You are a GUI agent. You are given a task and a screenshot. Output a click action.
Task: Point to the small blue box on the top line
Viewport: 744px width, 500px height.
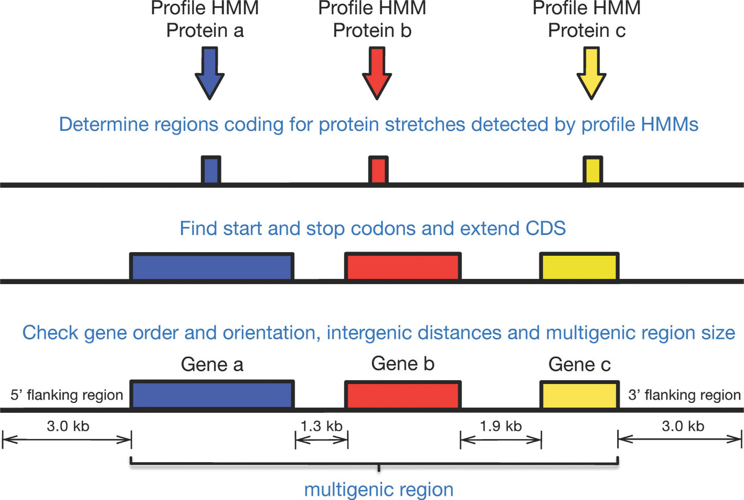click(x=211, y=170)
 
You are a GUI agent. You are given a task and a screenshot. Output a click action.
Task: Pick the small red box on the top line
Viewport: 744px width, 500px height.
click(x=378, y=170)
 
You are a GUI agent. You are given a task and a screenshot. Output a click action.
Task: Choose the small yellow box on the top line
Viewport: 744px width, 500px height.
click(x=593, y=170)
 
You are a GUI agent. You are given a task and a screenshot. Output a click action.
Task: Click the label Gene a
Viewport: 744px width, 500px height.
click(x=212, y=364)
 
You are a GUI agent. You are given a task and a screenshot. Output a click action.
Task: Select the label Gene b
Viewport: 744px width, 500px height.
click(x=402, y=363)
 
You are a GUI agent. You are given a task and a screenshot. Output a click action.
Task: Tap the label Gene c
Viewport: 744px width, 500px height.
click(x=579, y=364)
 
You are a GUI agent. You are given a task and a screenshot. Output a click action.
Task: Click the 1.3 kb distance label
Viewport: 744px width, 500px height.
click(x=321, y=426)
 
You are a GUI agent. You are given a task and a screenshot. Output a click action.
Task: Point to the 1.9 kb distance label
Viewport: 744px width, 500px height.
click(x=501, y=426)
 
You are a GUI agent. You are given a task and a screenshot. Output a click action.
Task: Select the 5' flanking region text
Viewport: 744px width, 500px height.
click(x=67, y=395)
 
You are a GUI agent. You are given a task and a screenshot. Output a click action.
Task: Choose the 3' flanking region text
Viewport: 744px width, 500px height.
click(x=684, y=395)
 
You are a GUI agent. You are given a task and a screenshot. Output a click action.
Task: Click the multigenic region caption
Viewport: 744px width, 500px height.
click(x=378, y=489)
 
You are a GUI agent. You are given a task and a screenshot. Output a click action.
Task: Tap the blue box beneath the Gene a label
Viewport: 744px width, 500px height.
click(x=212, y=395)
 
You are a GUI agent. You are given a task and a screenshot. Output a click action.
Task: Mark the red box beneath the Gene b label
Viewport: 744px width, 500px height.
click(x=402, y=395)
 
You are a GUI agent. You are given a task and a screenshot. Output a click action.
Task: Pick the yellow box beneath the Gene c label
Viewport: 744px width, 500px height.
click(x=579, y=395)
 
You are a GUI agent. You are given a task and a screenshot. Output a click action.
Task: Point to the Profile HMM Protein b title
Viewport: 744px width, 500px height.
click(x=372, y=19)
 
